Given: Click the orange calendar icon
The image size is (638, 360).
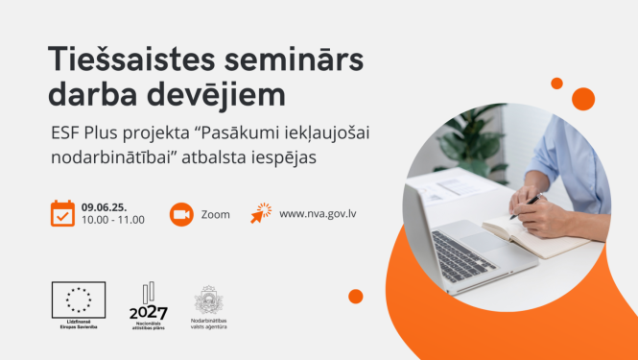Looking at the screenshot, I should coord(62,212).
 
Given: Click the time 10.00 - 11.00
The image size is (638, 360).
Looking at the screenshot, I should coord(113,220).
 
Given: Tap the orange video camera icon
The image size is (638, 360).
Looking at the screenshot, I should coord(180,213).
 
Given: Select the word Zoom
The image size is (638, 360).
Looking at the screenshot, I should coord(216,214).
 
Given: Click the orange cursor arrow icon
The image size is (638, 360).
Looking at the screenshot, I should coord(261,213).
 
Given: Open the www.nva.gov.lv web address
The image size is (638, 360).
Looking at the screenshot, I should coord(319,213).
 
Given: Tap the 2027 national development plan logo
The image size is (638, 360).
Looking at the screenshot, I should coord(149,305).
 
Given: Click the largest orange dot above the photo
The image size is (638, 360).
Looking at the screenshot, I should coord(583,98).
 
